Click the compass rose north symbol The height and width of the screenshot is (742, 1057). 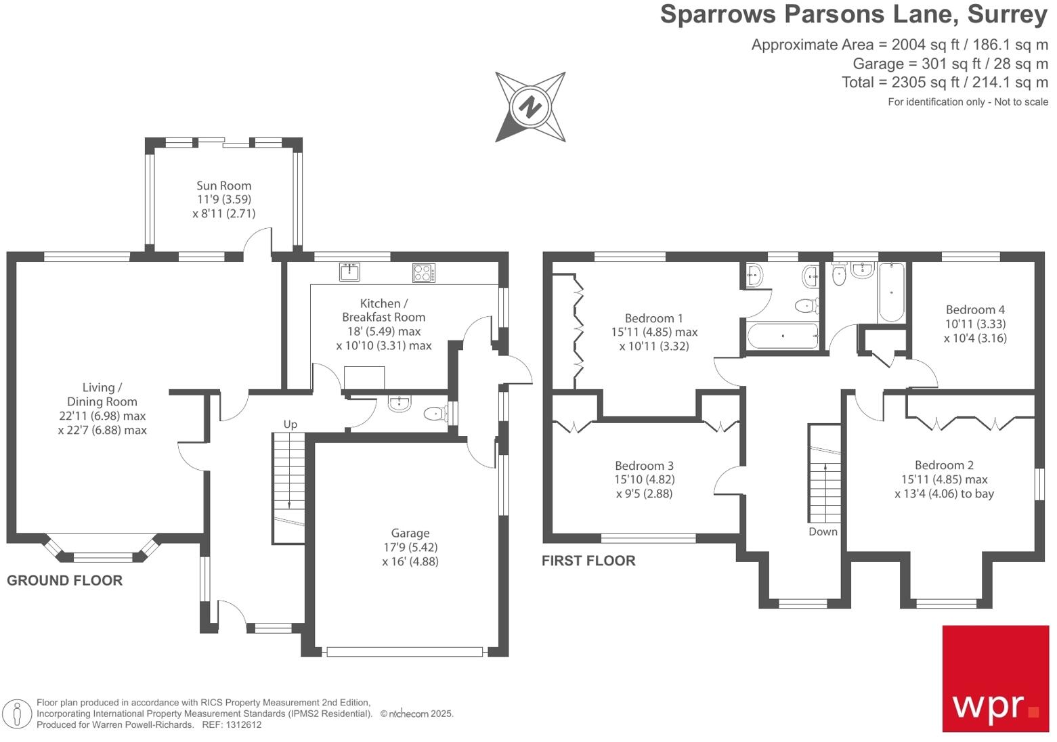[531, 107]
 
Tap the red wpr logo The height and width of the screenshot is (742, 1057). [995, 678]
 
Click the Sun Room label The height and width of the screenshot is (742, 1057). [223, 185]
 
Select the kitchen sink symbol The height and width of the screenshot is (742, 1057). [349, 272]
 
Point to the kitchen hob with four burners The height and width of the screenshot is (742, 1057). [424, 272]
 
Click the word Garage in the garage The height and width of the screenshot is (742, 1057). [410, 533]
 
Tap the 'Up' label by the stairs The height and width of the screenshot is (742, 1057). [290, 424]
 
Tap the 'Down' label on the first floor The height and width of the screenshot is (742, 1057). [823, 532]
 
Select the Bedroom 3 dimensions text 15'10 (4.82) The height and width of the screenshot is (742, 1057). [644, 479]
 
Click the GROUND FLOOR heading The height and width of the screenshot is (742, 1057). [64, 581]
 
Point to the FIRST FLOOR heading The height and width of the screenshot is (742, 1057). [588, 561]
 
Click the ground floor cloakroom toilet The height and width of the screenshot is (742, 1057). [434, 412]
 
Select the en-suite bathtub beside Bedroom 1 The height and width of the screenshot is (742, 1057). [782, 336]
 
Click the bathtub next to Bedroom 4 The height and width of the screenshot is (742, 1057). [890, 292]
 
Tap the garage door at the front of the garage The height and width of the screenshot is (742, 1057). [405, 652]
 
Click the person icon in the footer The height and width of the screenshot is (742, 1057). [17, 714]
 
